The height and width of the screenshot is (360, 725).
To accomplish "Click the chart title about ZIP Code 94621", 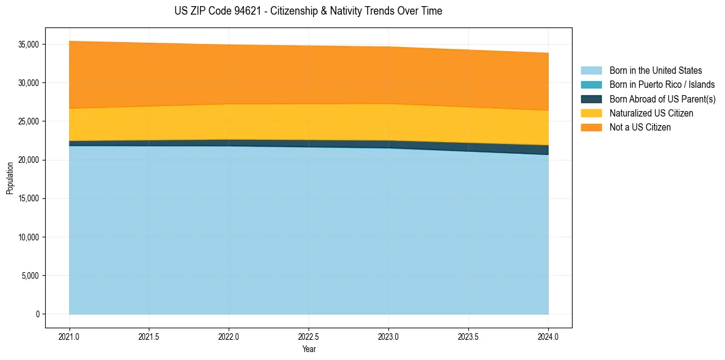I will pyautogui.click(x=308, y=11).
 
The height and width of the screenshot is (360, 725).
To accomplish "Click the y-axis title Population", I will pyautogui.click(x=10, y=178).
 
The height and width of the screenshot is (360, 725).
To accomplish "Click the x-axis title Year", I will pyautogui.click(x=309, y=350).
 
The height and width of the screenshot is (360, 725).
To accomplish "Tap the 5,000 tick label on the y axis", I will pyautogui.click(x=30, y=276).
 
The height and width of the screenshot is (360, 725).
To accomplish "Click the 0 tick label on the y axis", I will pyautogui.click(x=37, y=314).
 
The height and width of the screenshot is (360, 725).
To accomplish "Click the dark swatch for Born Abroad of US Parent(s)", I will pyautogui.click(x=591, y=99).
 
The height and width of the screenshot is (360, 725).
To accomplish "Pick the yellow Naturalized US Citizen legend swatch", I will pyautogui.click(x=591, y=113).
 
